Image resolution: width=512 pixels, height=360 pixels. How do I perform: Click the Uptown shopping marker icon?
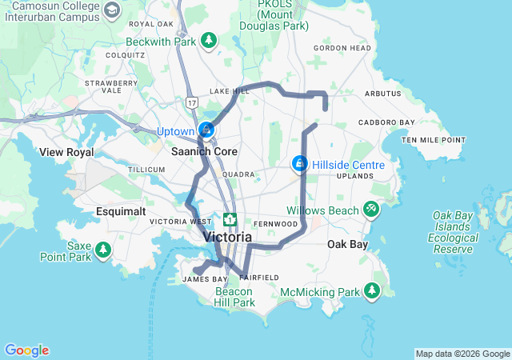click(206, 129)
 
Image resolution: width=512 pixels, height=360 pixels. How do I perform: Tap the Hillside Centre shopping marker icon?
click(299, 163)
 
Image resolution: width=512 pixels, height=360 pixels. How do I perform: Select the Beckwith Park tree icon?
click(209, 40)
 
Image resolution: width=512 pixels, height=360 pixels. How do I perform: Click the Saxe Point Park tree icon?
click(102, 250)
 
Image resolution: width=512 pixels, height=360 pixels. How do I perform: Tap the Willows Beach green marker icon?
click(371, 210)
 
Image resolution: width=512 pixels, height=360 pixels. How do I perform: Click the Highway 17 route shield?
click(191, 102)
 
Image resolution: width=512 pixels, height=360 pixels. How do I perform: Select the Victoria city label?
click(228, 237)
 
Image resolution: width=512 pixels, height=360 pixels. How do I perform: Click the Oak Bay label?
click(347, 245)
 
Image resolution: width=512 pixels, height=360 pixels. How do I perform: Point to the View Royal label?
click(66, 152)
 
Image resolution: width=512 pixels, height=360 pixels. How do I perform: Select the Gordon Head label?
click(342, 48)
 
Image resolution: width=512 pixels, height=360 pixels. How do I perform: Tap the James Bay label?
click(197, 278)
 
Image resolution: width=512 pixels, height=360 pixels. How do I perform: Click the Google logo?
click(26, 350)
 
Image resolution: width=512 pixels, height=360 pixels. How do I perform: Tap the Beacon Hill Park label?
click(234, 297)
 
